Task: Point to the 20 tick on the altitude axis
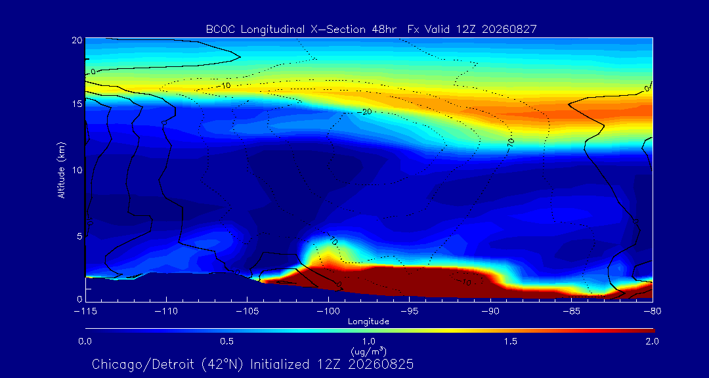pyautogui.click(x=76, y=40)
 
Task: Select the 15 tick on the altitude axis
pyautogui.click(x=76, y=104)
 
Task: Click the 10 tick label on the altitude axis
pyautogui.click(x=76, y=170)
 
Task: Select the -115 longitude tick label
pyautogui.click(x=85, y=312)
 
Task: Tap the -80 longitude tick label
pyautogui.click(x=653, y=312)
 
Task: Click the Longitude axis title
pyautogui.click(x=368, y=322)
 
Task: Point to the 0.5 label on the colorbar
pyautogui.click(x=227, y=341)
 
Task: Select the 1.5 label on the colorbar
pyautogui.click(x=511, y=341)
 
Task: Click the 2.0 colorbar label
pyautogui.click(x=652, y=341)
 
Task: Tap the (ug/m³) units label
pyautogui.click(x=368, y=351)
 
